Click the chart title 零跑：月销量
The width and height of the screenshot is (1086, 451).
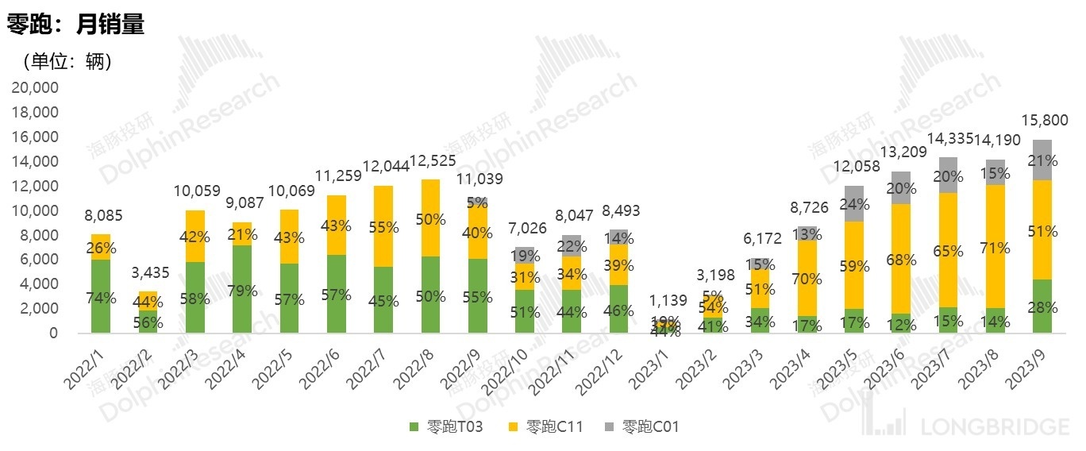coord(76,25)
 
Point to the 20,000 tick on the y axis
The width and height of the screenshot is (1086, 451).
coord(36,87)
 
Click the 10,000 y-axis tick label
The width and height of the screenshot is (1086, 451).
coord(36,210)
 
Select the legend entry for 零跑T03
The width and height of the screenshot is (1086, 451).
coord(449,427)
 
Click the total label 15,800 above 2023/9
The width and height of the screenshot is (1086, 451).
coord(1043,121)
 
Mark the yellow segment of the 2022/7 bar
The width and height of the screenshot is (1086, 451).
coord(383,226)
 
